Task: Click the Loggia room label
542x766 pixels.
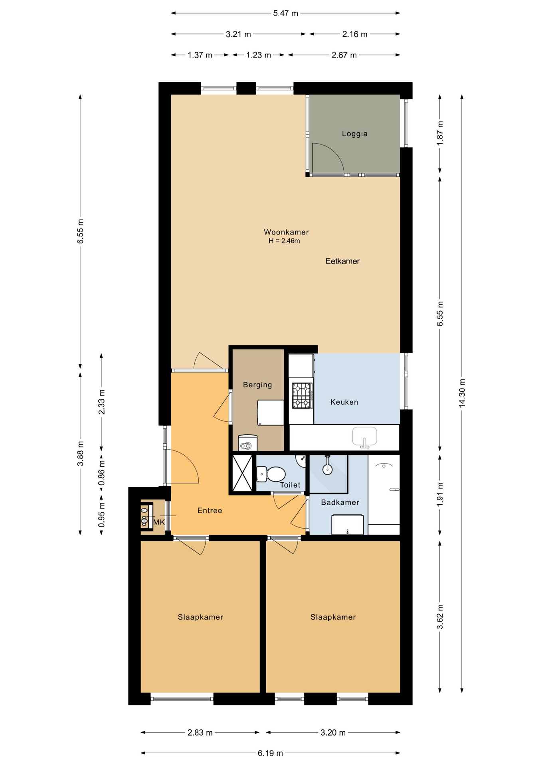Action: click(354, 134)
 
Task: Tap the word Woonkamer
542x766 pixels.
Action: click(286, 232)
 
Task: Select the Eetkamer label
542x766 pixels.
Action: click(342, 261)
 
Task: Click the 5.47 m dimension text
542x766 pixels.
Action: click(285, 13)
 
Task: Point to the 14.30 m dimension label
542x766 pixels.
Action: click(462, 393)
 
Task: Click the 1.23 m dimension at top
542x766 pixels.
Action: click(258, 55)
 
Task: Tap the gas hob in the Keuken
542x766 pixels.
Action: click(302, 396)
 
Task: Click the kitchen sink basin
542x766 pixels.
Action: click(364, 436)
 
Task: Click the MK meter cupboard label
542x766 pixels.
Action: click(159, 522)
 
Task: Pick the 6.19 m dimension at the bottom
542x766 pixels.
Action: click(270, 753)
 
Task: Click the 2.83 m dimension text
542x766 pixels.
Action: click(200, 732)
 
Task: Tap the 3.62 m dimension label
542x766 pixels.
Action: click(440, 617)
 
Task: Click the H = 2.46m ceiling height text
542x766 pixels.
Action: click(284, 241)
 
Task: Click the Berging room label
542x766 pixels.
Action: click(257, 385)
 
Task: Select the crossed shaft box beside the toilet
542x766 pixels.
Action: click(242, 473)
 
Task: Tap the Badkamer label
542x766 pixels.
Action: click(340, 502)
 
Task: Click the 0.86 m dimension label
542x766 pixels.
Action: click(101, 473)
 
